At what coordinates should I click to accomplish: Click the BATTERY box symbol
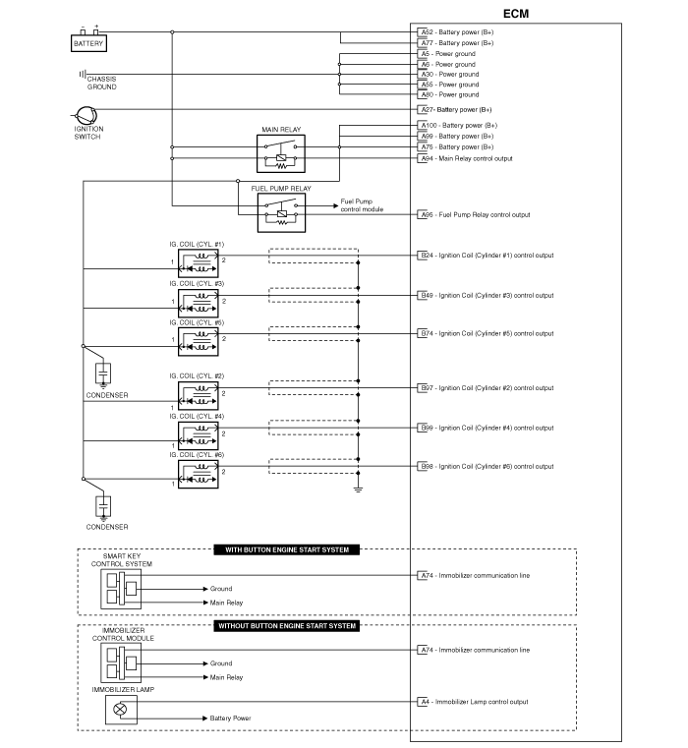(88, 43)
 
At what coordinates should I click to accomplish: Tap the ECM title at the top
(516, 14)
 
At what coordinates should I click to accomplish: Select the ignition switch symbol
(86, 115)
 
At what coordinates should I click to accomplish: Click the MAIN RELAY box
(281, 153)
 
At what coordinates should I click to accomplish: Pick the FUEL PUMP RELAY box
(281, 212)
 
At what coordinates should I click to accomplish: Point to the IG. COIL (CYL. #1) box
(198, 263)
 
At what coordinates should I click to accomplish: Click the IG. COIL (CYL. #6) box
(198, 474)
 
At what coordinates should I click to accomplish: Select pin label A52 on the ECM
(427, 32)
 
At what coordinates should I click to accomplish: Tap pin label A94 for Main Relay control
(427, 158)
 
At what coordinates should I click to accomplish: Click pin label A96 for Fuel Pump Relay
(427, 214)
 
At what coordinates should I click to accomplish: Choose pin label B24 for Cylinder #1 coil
(427, 256)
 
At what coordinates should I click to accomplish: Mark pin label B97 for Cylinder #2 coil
(427, 388)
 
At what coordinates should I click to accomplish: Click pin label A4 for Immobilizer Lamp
(425, 702)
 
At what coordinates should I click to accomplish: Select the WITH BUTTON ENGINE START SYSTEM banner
(287, 549)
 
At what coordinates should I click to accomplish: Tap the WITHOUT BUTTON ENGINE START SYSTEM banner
(287, 626)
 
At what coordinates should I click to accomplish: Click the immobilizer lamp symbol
(121, 710)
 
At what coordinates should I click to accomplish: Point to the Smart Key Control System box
(121, 589)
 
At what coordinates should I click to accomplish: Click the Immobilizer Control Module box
(121, 662)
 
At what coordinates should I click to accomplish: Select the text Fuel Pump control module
(362, 205)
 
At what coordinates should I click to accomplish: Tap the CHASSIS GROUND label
(101, 83)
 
